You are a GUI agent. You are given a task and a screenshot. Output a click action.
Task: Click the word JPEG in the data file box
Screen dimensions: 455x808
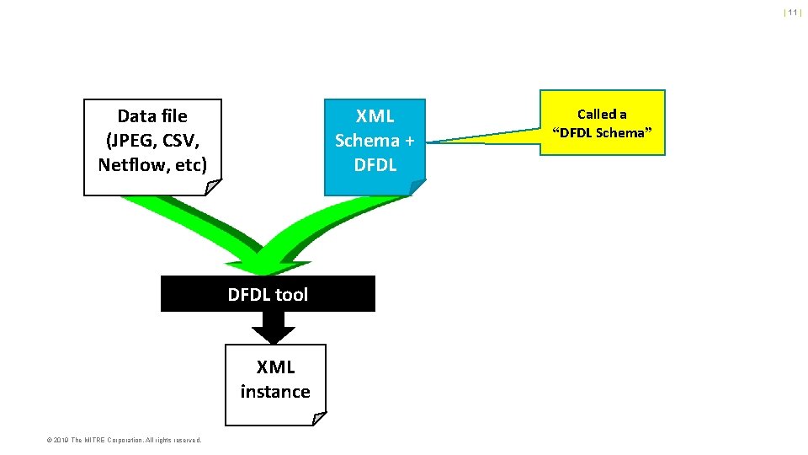coord(133,140)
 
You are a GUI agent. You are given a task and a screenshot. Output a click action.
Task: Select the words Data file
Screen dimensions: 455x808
coord(152,115)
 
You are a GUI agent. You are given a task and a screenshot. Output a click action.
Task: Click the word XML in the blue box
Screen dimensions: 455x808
coord(375,115)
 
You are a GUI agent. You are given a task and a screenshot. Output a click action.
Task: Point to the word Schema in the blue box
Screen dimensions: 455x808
coord(367,140)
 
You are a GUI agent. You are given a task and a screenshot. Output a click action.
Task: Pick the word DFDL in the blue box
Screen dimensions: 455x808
coord(375,164)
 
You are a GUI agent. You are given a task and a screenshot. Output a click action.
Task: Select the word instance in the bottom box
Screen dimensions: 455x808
coord(275,391)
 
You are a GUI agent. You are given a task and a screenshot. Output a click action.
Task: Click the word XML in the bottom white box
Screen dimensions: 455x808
coord(275,367)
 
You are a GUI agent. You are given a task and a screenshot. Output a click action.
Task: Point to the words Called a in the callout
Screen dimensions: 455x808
coord(602,114)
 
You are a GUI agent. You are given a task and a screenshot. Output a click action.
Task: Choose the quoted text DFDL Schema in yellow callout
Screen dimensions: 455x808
coord(602,132)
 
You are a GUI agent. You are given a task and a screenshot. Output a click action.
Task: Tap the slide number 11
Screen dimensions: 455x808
coord(792,13)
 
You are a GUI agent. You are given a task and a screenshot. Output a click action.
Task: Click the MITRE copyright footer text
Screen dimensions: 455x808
coord(124,440)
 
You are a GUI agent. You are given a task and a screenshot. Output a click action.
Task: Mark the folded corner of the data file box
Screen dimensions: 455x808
coord(214,187)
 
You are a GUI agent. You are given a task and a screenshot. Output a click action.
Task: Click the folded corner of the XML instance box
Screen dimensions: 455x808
coord(318,418)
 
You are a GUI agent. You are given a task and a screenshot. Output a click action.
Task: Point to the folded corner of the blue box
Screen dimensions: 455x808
coord(418,187)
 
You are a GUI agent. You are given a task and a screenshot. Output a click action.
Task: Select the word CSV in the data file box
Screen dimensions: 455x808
coord(177,140)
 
